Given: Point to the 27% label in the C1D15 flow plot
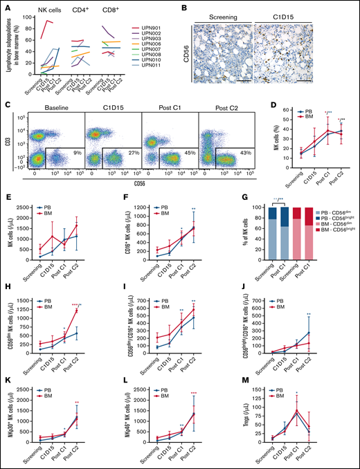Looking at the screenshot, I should [x=127, y=151].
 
